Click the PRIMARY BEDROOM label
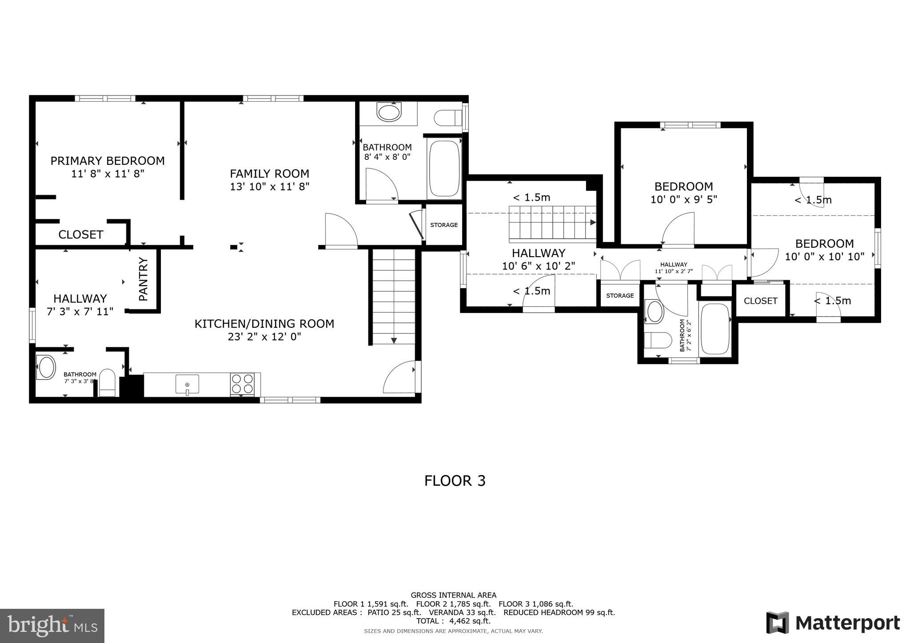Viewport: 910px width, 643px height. pyautogui.click(x=108, y=161)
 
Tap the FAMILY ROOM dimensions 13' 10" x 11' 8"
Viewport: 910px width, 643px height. pyautogui.click(x=269, y=187)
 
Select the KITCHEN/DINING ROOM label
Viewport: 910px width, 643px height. pyautogui.click(x=264, y=324)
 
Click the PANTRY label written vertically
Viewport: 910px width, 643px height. pyautogui.click(x=143, y=279)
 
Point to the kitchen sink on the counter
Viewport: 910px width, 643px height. pyautogui.click(x=187, y=384)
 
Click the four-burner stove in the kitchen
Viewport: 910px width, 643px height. pyautogui.click(x=242, y=384)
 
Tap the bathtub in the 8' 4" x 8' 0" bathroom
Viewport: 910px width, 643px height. pyautogui.click(x=444, y=168)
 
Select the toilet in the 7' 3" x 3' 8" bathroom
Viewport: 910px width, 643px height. pyautogui.click(x=107, y=382)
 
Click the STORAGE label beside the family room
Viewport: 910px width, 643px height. pyautogui.click(x=443, y=225)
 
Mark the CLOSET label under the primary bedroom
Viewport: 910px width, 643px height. pyautogui.click(x=81, y=234)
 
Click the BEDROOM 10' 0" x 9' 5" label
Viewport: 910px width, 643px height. pyautogui.click(x=683, y=187)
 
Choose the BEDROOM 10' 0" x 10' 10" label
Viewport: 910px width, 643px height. pyautogui.click(x=824, y=244)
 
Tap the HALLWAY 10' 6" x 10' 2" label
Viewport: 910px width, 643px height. pyautogui.click(x=539, y=253)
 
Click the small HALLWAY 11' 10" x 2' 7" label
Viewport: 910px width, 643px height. pyautogui.click(x=673, y=265)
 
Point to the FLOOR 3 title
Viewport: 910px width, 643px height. pyautogui.click(x=455, y=481)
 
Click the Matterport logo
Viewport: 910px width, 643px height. pyautogui.click(x=833, y=623)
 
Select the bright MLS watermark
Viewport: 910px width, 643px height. pyautogui.click(x=52, y=626)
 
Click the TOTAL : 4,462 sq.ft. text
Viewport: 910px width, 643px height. pyautogui.click(x=453, y=621)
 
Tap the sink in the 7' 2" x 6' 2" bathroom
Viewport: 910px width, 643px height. pyautogui.click(x=655, y=311)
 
